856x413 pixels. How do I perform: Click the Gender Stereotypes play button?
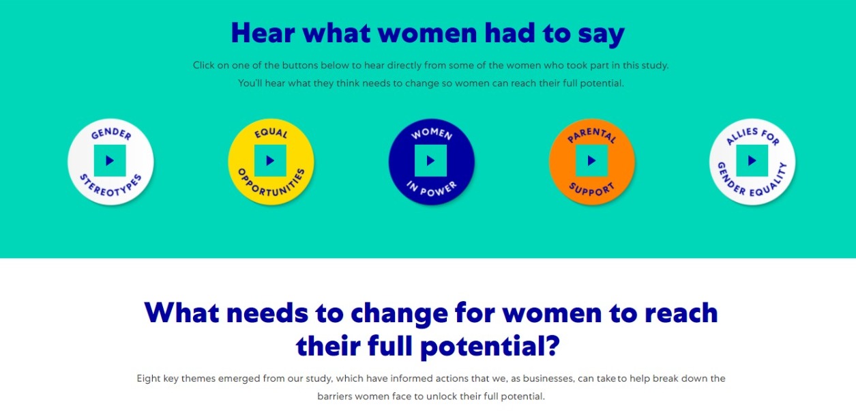[110, 161]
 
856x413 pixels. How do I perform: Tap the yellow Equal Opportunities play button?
[271, 161]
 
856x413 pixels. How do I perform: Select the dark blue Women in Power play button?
[431, 161]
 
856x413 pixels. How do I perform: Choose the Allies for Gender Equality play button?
[752, 161]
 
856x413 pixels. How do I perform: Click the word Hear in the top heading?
[263, 33]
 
